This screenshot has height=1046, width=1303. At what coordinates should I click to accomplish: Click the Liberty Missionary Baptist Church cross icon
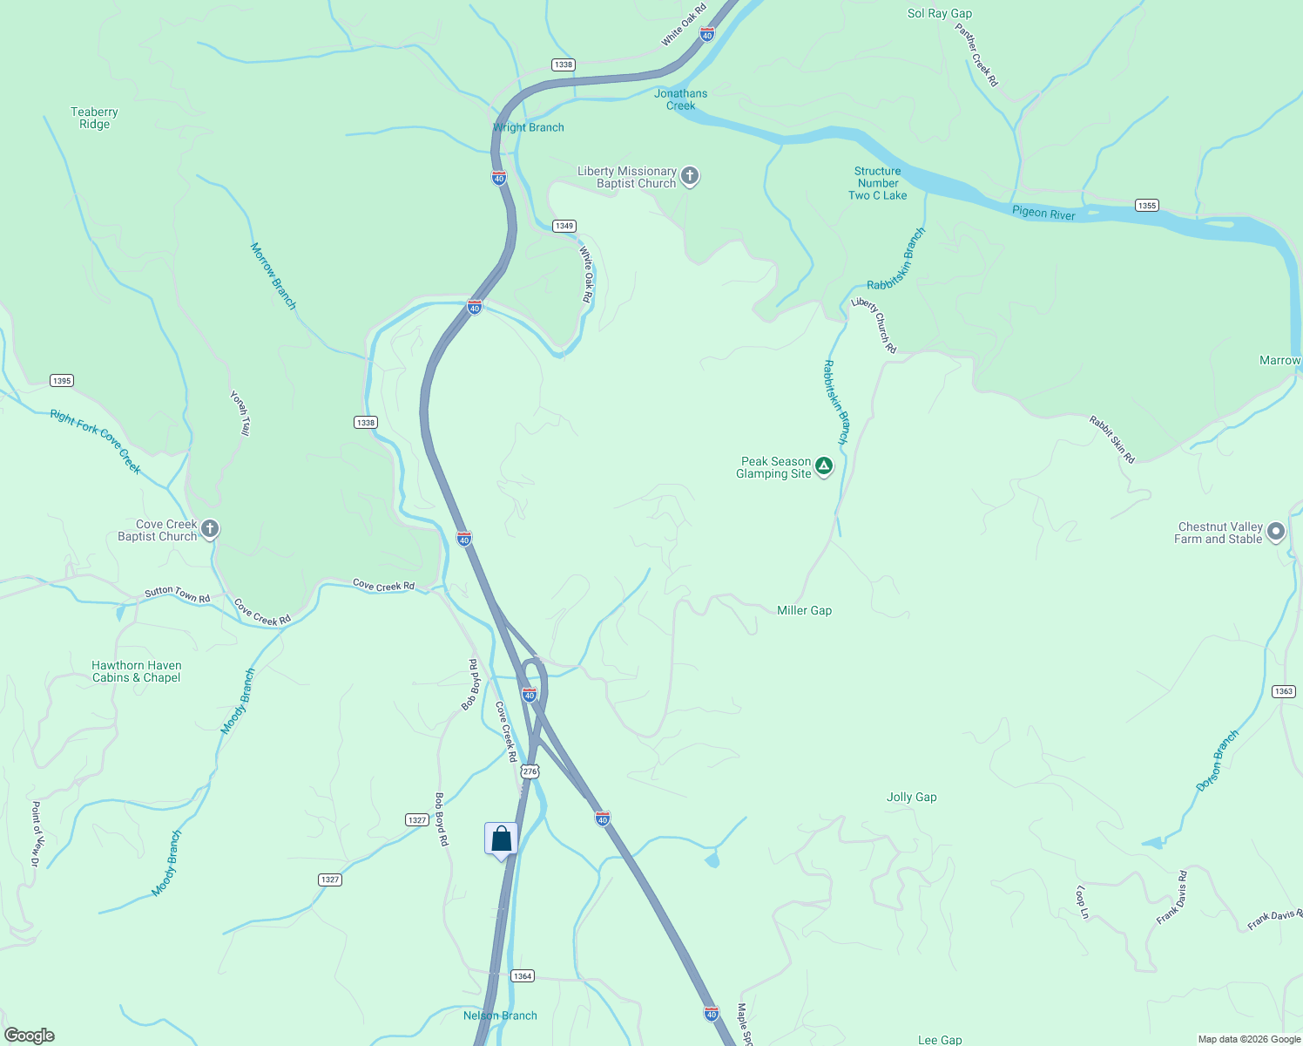[690, 177]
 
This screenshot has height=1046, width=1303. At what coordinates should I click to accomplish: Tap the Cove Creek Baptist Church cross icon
[210, 529]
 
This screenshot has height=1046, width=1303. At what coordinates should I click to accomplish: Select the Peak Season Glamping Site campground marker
[824, 466]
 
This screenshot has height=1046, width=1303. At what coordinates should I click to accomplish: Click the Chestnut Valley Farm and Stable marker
[1276, 532]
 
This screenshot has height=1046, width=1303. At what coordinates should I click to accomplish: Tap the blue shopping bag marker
[501, 839]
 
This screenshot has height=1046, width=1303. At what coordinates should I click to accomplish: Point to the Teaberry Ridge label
[94, 119]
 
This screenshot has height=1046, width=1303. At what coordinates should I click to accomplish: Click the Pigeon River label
[1043, 214]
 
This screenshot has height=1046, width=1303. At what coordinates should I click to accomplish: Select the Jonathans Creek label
[681, 99]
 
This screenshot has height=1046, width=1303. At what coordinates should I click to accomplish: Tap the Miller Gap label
[804, 611]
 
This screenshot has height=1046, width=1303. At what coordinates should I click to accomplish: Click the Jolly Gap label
[912, 798]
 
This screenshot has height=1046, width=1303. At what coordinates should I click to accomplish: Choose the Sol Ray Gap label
[940, 14]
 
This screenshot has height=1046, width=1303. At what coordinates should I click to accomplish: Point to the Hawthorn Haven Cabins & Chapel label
[137, 672]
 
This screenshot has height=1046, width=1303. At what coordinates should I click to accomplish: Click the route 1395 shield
[62, 381]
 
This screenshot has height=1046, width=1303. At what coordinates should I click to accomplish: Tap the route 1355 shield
[1147, 206]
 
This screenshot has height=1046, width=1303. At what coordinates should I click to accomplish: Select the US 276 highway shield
[530, 771]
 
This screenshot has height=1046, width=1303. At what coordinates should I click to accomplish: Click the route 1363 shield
[1284, 691]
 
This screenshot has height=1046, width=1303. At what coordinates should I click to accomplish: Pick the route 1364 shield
[523, 976]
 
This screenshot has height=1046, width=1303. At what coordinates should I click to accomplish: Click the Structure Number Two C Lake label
[878, 184]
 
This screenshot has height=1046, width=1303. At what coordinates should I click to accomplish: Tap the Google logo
[29, 1036]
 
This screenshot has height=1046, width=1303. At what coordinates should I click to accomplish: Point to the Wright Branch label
[529, 128]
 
